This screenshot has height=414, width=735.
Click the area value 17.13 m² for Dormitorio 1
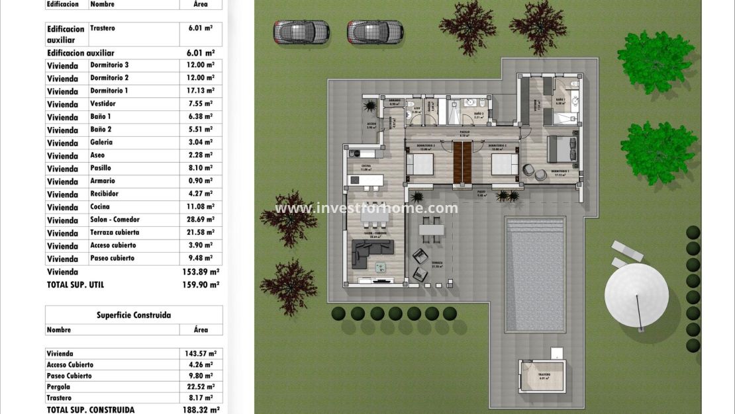[x=200, y=91]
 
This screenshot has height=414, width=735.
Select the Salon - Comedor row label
[x=115, y=220]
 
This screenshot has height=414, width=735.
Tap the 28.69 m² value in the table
[x=200, y=220]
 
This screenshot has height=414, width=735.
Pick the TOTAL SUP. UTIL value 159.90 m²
[x=205, y=284]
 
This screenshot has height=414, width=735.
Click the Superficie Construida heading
[x=134, y=315]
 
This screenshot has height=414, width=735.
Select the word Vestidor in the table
[x=103, y=104]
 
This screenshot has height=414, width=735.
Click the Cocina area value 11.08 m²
[x=200, y=207]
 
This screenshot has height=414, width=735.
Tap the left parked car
[x=301, y=31]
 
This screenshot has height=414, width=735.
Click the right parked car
[x=375, y=31]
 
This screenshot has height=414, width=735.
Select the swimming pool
[x=534, y=274]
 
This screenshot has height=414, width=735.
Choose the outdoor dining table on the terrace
[x=432, y=229]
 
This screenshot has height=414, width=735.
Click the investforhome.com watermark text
[x=366, y=208]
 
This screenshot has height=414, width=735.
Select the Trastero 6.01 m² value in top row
[x=200, y=28]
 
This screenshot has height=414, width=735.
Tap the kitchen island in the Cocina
[x=366, y=179]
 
